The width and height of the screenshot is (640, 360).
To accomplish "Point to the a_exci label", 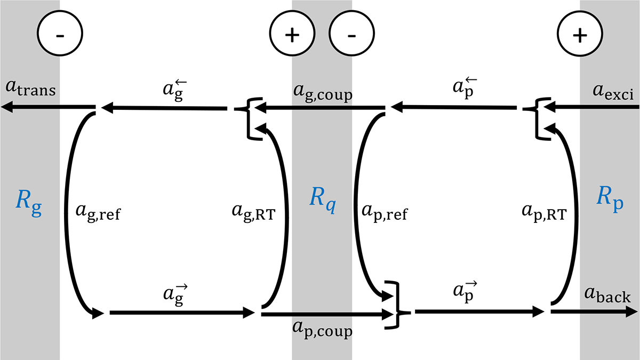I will click(x=612, y=95).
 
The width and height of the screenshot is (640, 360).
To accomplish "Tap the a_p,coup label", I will click(x=322, y=330).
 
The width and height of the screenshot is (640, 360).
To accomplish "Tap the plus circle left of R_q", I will click(x=291, y=35).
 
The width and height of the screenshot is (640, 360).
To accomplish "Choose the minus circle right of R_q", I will click(x=351, y=35).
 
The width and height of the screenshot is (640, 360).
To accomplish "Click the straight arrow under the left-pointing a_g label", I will click(x=165, y=109).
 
